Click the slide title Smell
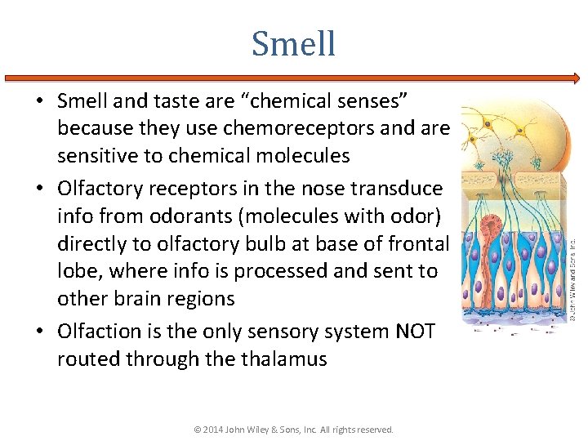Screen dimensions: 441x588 coord(293,43)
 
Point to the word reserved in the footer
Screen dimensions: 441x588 coord(375,430)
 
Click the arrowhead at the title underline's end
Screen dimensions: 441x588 coord(577,78)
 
